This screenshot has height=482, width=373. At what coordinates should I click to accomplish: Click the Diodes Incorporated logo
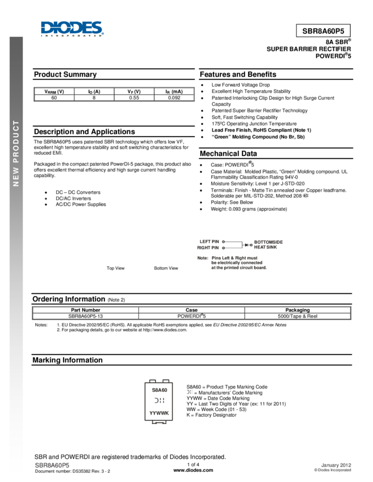pos(72,29)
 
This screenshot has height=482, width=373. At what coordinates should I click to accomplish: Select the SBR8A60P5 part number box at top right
pos(323,31)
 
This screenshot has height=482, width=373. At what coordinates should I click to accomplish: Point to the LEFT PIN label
pos(209,242)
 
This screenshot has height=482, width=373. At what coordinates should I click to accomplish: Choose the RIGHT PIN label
pos(208,248)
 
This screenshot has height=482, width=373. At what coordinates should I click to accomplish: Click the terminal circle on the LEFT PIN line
pos(223,242)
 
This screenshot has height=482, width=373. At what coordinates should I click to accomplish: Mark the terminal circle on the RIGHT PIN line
pos(223,248)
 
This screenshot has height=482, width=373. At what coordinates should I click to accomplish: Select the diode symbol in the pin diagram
pos(248,245)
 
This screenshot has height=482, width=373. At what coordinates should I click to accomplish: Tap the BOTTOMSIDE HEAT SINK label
pos(269,244)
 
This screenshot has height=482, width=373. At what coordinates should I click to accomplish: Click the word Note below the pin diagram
pos(203,258)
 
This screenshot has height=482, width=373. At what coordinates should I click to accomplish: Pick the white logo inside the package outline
pos(159,400)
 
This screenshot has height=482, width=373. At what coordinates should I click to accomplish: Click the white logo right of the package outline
pos(190,392)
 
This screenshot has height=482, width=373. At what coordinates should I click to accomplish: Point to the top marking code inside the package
pos(159,390)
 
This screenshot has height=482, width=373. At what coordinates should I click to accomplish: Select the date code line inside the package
pos(159,413)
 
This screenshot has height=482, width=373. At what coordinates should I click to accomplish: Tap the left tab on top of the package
pos(152,380)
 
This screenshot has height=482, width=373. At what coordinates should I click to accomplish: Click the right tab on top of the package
pos(166,380)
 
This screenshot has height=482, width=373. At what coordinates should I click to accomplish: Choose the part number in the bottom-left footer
pos(52,465)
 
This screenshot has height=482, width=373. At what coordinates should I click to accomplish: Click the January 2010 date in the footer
pos(336,465)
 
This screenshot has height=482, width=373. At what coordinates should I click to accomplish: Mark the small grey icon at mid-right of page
pos(305,196)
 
